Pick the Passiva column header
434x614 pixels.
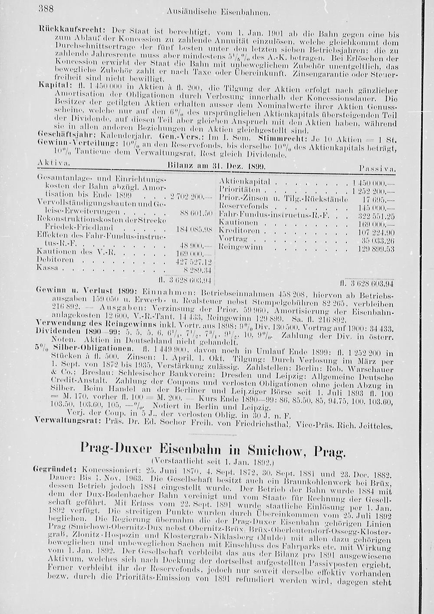click(x=376, y=168)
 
